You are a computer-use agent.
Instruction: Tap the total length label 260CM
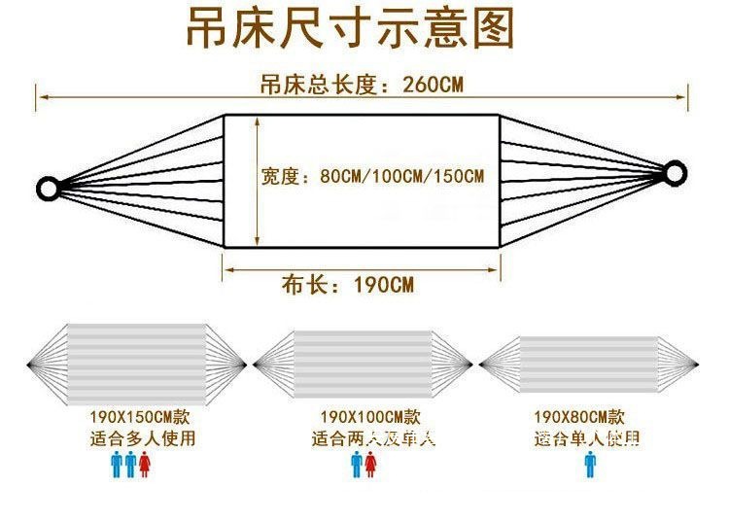(x=361, y=85)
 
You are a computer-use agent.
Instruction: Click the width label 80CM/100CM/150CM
(x=372, y=177)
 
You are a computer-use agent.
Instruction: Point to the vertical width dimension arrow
(x=257, y=181)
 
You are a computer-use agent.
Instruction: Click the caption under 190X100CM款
(x=373, y=438)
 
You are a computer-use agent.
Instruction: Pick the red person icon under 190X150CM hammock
(x=145, y=465)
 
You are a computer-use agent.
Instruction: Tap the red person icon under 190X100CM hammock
(x=370, y=465)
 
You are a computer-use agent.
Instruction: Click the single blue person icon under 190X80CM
(x=589, y=465)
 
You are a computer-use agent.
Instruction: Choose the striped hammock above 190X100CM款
(x=363, y=365)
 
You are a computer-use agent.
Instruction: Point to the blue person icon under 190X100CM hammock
(x=356, y=465)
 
